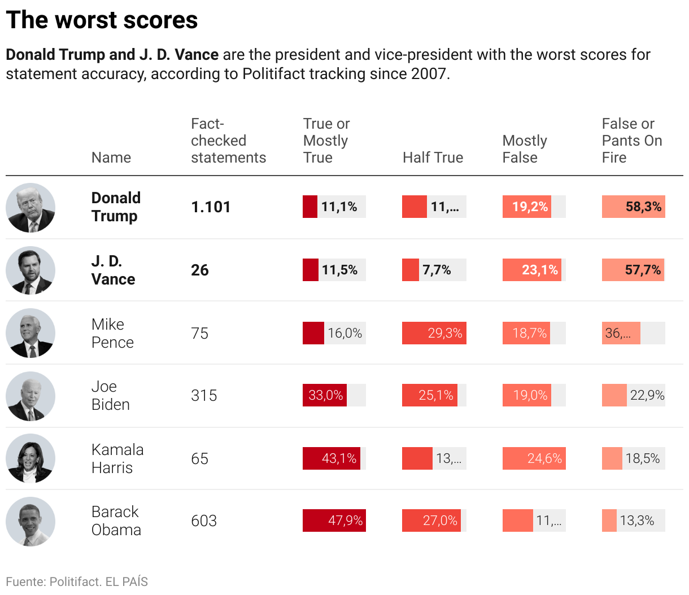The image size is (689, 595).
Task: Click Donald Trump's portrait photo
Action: pos(30,207)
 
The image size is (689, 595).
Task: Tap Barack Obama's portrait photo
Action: pos(30,521)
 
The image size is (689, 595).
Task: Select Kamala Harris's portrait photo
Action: pos(30,458)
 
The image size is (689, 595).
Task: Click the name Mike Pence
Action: pos(112,333)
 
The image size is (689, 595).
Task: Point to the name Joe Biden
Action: pos(111,395)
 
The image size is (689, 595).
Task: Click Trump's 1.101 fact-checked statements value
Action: pos(211,207)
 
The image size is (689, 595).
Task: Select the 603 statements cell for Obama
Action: pos(204,520)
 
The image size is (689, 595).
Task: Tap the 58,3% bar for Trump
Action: pos(633,207)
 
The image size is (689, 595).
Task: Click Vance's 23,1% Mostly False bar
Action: pos(532,270)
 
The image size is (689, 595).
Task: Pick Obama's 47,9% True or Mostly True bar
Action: pos(334,520)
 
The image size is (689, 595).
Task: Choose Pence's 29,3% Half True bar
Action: pos(434,333)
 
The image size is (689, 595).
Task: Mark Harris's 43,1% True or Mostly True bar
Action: pos(332,458)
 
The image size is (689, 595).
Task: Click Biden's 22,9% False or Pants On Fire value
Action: pos(647,395)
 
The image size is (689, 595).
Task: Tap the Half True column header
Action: pos(433,158)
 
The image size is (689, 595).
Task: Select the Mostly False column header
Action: pos(525,149)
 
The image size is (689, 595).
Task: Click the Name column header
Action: pos(111,158)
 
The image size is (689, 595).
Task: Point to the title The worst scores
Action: pos(102,20)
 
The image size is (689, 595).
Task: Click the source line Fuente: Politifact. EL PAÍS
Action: pos(77,581)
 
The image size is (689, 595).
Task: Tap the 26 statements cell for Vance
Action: pos(200,270)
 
